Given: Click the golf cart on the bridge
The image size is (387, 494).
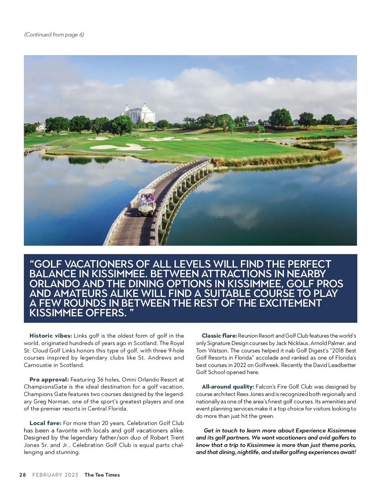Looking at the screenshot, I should click(147, 203).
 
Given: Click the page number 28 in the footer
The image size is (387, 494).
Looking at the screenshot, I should click(23, 475).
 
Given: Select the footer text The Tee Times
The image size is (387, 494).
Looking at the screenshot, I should click(102, 475).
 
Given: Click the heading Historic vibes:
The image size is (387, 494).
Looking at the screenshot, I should click(51, 336).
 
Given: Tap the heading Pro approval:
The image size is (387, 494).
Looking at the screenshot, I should click(49, 380).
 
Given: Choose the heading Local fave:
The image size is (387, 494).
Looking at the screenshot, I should click(45, 423).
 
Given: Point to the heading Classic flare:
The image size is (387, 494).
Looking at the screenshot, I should click(219, 336).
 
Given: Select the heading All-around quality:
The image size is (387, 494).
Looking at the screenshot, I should click(228, 387).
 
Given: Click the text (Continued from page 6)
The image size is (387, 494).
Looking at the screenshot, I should click(54, 35).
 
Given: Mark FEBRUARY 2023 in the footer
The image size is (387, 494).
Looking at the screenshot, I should click(55, 475).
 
